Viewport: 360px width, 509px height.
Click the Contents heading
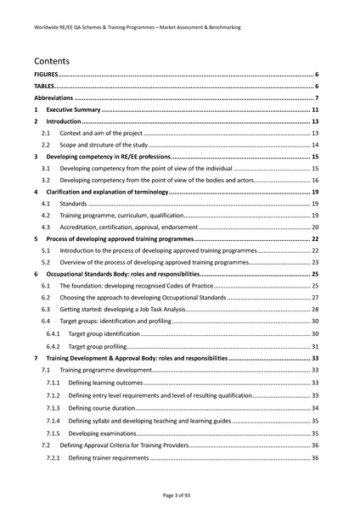pos(52,61)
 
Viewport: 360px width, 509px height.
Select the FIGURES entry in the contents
pos(47,76)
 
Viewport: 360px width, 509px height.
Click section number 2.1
pos(47,134)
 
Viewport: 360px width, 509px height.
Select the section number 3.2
pos(47,181)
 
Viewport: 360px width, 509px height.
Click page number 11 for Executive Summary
pos(315,110)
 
